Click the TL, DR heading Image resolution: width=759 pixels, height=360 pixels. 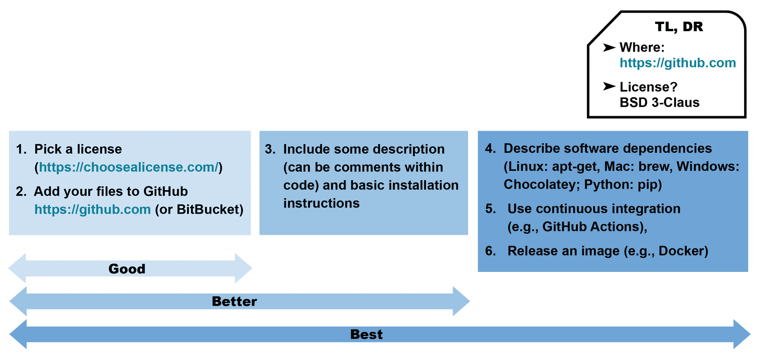pos(679,27)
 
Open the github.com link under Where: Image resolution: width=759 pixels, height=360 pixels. pos(678,63)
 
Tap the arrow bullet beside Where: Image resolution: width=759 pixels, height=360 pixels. pos(609,47)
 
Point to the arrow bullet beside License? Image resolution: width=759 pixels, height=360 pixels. pos(609,86)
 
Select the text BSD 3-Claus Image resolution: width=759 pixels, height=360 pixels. pos(660,102)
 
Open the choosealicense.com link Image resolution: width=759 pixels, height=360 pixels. pos(129,167)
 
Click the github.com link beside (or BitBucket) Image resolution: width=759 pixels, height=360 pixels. pos(93,210)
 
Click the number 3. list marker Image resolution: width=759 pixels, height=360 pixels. pos(270,150)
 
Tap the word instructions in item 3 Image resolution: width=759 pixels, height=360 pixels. pos(321,203)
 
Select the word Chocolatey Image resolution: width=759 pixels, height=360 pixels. pos(541,185)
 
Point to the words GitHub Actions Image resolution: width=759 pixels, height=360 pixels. pos(591,227)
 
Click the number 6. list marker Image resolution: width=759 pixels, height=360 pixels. pos(490,251)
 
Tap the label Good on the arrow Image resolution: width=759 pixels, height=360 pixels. pos(126,269)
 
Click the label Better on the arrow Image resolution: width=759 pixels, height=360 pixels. pos(234,301)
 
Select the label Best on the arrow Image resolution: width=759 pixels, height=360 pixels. pos(366,334)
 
